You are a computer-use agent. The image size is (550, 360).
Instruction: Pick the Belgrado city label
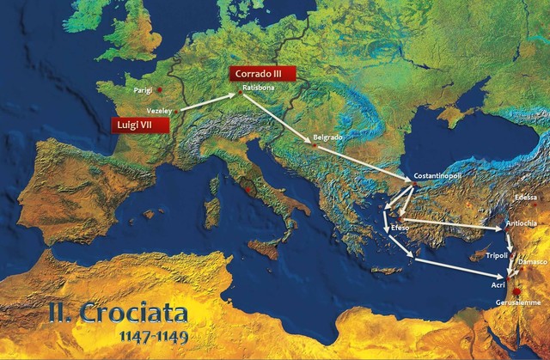(x=328, y=137)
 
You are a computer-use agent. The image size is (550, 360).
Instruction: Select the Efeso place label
(x=400, y=228)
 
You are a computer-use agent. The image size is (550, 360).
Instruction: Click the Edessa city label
(x=526, y=198)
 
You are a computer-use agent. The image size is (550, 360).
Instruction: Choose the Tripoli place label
(x=497, y=255)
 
